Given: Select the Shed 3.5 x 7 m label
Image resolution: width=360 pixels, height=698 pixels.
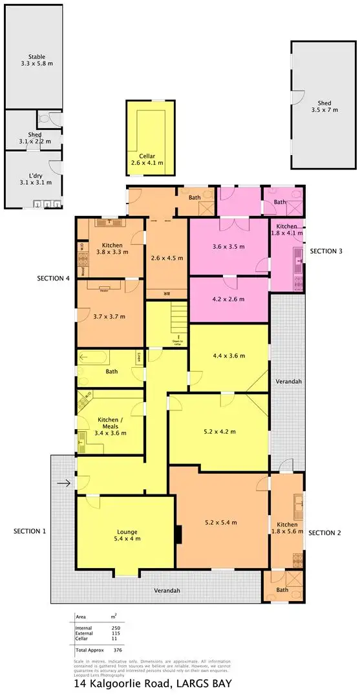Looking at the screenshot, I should coord(324,107).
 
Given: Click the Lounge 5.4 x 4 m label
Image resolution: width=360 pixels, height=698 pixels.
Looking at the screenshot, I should coord(125,536).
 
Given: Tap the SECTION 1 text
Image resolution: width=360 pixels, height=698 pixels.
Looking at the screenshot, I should coord(30,531).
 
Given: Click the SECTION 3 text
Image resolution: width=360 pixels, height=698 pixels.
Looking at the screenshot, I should coord(326,251).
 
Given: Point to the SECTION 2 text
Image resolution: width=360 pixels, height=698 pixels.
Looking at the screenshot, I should coord(324,533).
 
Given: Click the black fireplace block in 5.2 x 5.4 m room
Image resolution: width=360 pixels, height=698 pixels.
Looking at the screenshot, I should coord(180,534).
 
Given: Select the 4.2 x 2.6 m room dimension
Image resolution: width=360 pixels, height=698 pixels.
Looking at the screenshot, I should coord(229,300).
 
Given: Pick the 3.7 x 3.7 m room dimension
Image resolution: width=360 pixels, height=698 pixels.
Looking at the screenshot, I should coord(109,316).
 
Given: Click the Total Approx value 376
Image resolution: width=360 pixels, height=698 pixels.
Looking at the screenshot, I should coord(116,650).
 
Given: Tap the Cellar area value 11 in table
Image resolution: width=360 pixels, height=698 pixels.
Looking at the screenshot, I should coord(116,639).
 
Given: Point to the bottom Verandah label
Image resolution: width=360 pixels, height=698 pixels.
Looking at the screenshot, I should coord(166,591).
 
